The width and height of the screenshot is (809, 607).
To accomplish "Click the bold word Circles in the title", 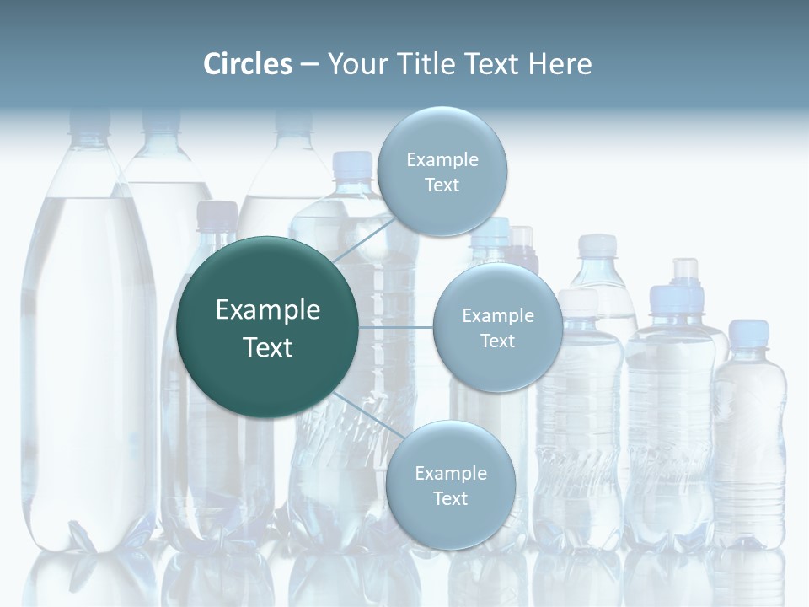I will point(248,64).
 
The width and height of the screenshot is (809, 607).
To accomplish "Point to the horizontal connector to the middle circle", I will point(396,327).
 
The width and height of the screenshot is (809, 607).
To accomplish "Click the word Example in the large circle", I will point(268,310).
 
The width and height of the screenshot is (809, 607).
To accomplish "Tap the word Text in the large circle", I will point(268,347).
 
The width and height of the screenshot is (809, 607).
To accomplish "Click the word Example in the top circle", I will point(442,160).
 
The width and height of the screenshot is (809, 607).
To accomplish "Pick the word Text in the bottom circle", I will point(450,498).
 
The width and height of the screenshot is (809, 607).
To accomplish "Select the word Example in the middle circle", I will point(497,315).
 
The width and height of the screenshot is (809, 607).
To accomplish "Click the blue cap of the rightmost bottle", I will point(748,330).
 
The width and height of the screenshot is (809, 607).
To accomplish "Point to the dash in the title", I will point(308,64).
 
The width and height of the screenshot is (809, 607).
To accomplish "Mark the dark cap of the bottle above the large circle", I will point(217,214).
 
